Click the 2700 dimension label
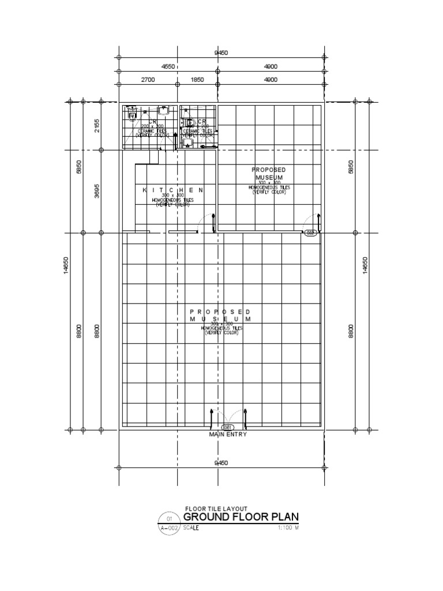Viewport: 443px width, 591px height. (x=147, y=80)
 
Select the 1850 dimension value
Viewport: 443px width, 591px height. (x=197, y=80)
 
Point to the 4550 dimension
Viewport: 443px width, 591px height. (x=168, y=67)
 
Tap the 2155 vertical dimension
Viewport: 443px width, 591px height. (x=97, y=126)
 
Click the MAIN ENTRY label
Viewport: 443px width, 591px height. (x=228, y=435)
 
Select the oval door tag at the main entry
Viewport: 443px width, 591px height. (x=228, y=427)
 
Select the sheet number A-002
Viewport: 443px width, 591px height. (x=168, y=528)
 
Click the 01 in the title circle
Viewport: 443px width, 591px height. (x=168, y=518)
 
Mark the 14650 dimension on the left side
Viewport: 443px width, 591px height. (x=67, y=267)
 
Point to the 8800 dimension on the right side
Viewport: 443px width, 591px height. (x=351, y=332)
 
